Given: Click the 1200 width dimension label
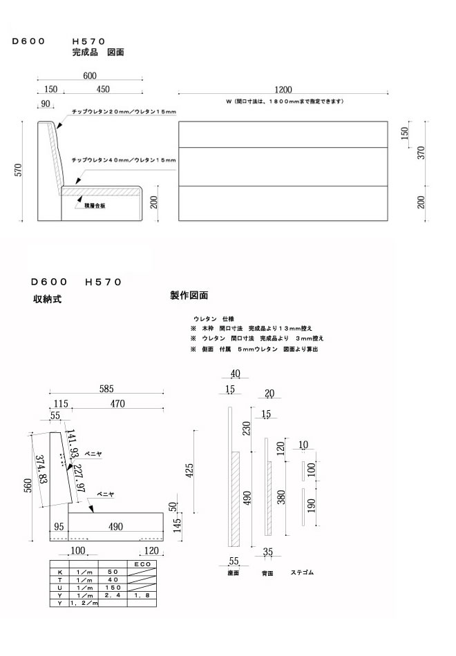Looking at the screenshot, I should pos(282,89).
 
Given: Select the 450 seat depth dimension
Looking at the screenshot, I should pos(102,89).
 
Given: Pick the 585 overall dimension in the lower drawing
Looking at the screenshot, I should pos(105,389).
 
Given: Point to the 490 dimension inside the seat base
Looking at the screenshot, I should pos(115,527).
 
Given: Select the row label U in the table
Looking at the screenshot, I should pos(59,587).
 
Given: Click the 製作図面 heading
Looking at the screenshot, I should pos(189,296).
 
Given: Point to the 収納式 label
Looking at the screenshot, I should pos(46,300).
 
